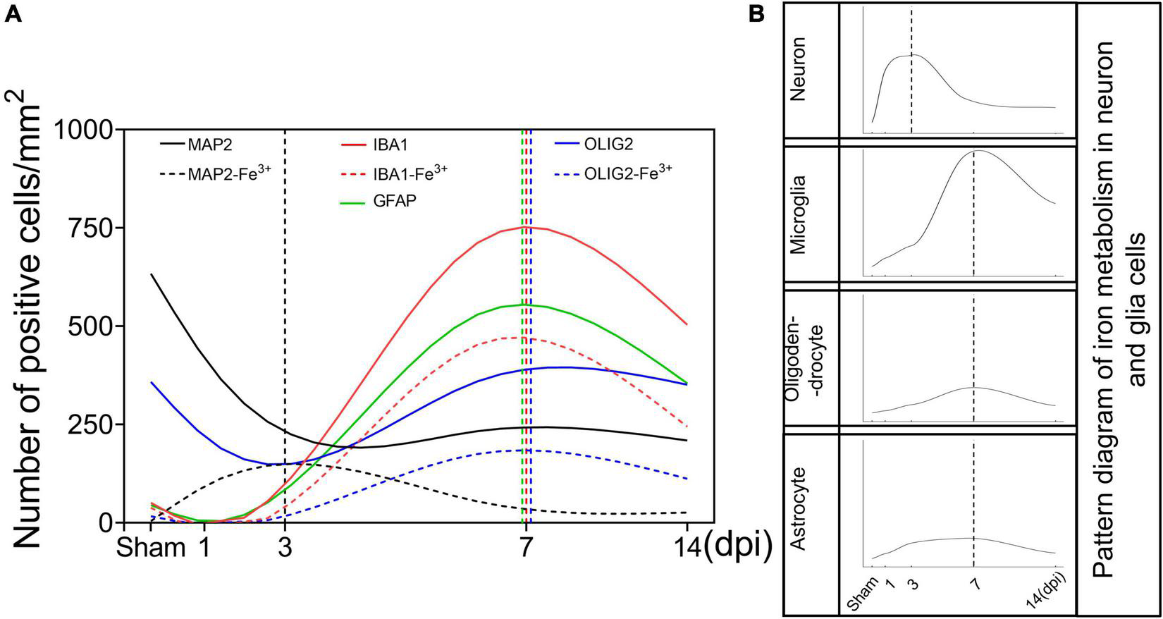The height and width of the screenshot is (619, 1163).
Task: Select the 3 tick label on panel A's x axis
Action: click(x=285, y=548)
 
